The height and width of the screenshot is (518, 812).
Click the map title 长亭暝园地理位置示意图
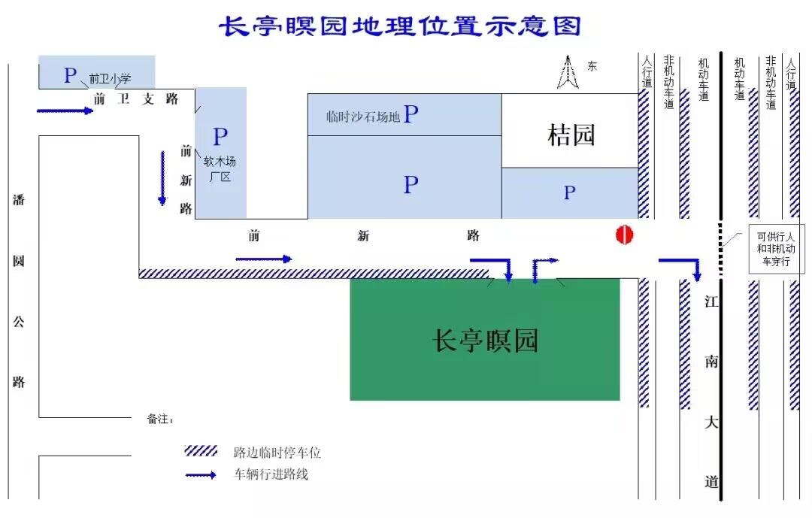pyautogui.click(x=400, y=26)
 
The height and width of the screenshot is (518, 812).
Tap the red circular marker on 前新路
pyautogui.click(x=625, y=235)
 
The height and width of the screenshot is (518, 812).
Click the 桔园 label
pyautogui.click(x=571, y=135)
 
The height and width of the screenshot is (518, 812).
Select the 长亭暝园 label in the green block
pyautogui.click(x=485, y=341)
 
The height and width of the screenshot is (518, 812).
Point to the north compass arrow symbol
pyautogui.click(x=568, y=72)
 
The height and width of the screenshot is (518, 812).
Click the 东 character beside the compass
pyautogui.click(x=592, y=66)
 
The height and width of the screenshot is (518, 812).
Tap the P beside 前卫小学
pyautogui.click(x=71, y=75)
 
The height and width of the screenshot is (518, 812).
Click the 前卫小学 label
pyautogui.click(x=110, y=79)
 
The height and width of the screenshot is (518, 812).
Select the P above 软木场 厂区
pyautogui.click(x=220, y=137)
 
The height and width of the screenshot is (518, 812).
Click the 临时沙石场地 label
pyautogui.click(x=363, y=117)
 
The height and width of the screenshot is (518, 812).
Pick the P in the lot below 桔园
pyautogui.click(x=569, y=192)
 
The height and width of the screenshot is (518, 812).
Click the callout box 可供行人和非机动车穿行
pyautogui.click(x=776, y=249)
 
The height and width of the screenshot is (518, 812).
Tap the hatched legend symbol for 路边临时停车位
pyautogui.click(x=201, y=450)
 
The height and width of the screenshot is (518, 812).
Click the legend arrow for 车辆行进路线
pyautogui.click(x=201, y=474)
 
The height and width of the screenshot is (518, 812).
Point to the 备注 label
pyautogui.click(x=159, y=419)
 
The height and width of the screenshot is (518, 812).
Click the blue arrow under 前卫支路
pyautogui.click(x=65, y=111)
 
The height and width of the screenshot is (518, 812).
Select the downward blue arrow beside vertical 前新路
pyautogui.click(x=162, y=178)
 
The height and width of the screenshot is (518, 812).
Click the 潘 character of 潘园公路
pyautogui.click(x=19, y=199)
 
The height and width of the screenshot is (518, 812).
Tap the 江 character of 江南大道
pyautogui.click(x=711, y=301)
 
